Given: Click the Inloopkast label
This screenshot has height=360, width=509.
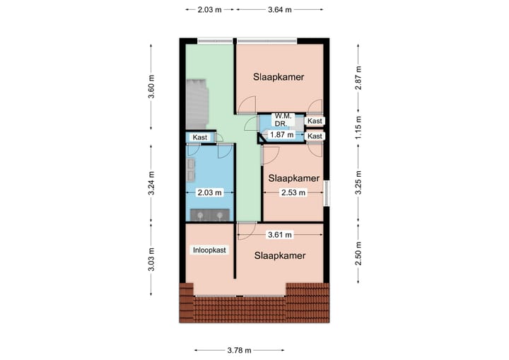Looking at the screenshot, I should pyautogui.click(x=209, y=250).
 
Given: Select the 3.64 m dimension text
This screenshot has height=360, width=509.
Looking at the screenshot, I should pyautogui.click(x=280, y=10).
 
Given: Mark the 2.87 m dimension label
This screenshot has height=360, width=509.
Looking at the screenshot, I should pyautogui.click(x=358, y=74).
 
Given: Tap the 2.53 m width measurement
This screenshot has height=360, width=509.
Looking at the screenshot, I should pyautogui.click(x=292, y=192).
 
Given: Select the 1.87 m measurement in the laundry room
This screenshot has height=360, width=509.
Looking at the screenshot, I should pyautogui.click(x=282, y=134).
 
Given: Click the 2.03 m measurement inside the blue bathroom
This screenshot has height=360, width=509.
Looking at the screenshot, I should pyautogui.click(x=209, y=192).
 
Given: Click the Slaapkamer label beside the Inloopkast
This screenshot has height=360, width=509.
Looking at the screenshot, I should pyautogui.click(x=280, y=256).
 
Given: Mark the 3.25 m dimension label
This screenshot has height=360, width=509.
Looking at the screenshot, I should pyautogui.click(x=358, y=184).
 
